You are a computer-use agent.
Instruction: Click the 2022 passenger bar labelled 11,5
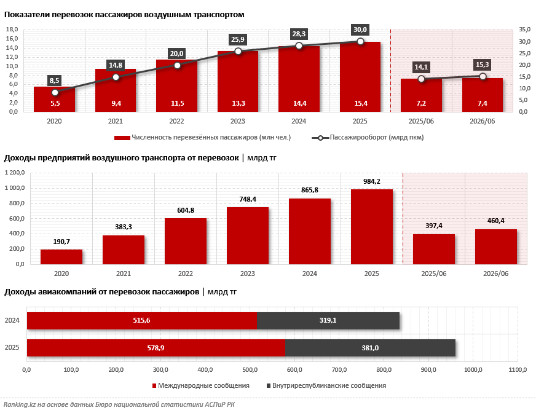tap(177, 85)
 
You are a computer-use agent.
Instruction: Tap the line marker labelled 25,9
tap(238, 51)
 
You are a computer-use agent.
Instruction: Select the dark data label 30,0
tap(360, 29)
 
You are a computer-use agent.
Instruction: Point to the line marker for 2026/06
tap(483, 77)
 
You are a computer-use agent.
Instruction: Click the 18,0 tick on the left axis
tap(12, 29)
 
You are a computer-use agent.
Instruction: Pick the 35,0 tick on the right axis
tap(525, 29)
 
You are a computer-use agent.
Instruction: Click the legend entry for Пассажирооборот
tap(368, 138)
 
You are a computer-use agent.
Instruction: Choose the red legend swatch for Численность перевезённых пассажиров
tap(122, 138)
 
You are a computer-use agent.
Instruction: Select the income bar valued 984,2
tap(372, 227)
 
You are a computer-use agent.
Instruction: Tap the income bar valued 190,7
tap(61, 257)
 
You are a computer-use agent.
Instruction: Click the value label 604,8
tap(186, 210)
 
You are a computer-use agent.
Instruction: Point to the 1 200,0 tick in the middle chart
tap(15, 173)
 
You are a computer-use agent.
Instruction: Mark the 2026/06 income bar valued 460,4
tap(496, 247)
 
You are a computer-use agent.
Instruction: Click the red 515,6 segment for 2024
tap(142, 321)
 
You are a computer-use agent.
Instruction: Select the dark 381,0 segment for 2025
tap(370, 348)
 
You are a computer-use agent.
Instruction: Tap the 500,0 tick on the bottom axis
tap(250, 369)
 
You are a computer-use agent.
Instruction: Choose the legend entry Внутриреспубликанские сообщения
tap(326, 385)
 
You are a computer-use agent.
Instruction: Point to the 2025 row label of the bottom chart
tap(12, 348)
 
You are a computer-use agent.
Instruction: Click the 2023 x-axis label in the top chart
tap(238, 121)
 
